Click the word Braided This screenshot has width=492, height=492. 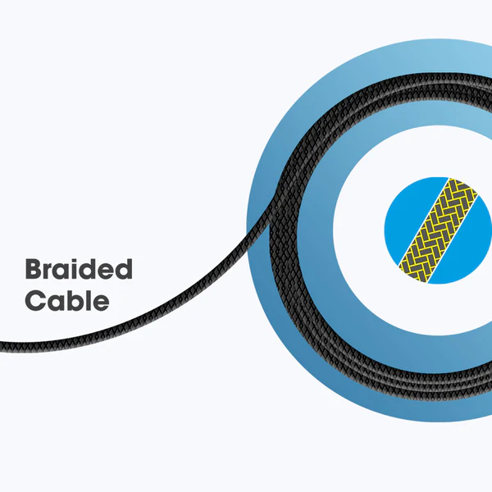click(79, 270)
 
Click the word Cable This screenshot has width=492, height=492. click(66, 301)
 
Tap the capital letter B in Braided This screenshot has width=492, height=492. click(34, 270)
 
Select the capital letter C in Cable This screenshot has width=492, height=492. click(34, 301)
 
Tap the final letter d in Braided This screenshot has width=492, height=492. click(123, 270)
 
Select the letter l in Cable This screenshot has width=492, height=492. click(85, 300)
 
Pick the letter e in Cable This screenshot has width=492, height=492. click(98, 303)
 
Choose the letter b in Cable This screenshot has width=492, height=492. click(71, 300)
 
